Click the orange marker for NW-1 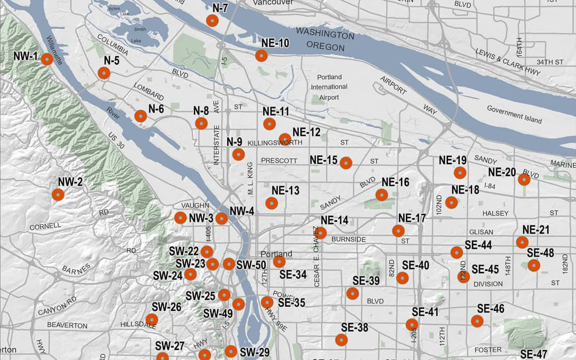tap(46, 60)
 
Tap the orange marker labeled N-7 tap(212, 21)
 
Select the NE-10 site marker tap(261, 55)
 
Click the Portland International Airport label tap(329, 87)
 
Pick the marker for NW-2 tap(58, 195)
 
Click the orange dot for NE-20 tap(524, 180)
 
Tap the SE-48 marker tap(533, 265)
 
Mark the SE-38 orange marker tap(341, 340)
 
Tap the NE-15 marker tap(346, 163)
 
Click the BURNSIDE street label tap(348, 239)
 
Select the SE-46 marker tap(477, 321)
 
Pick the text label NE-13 tap(286, 190)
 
